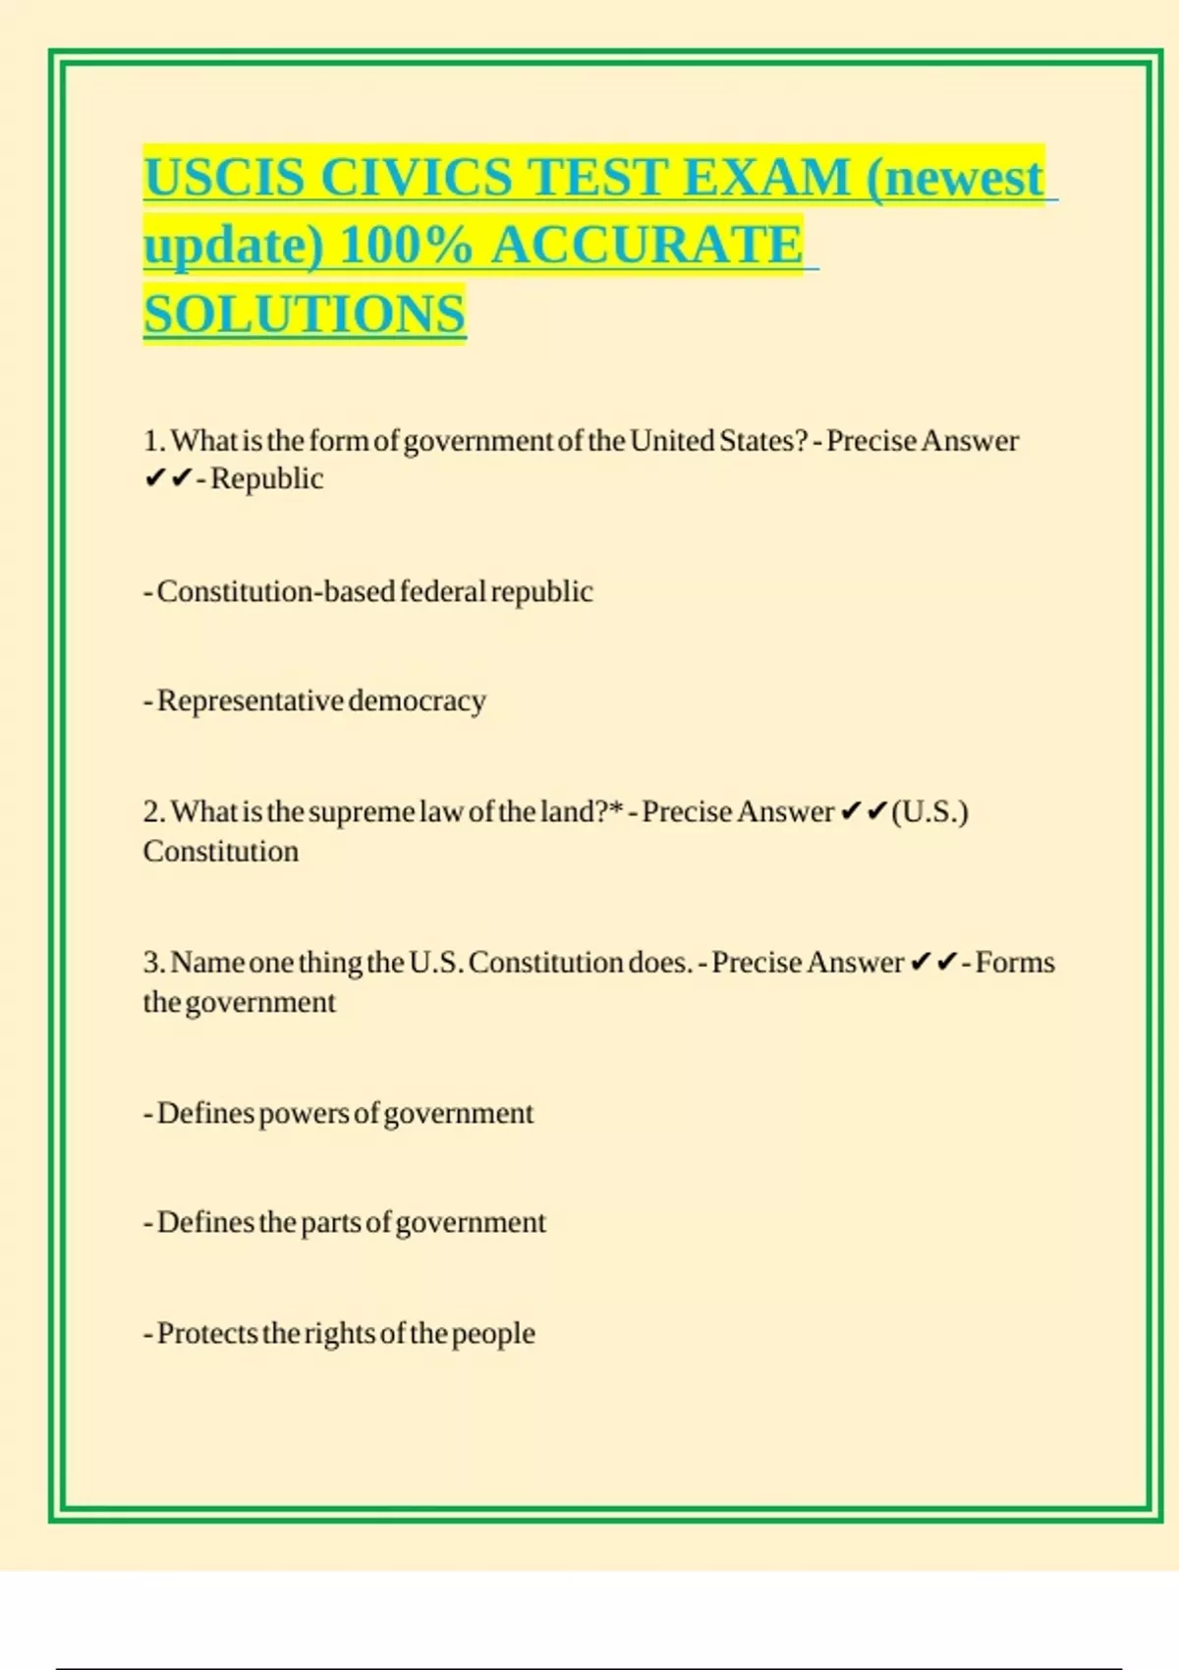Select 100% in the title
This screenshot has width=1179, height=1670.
[406, 245]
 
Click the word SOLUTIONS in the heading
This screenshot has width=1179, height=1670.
[305, 314]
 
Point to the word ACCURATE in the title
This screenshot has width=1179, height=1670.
[647, 245]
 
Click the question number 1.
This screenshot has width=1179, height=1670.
[152, 440]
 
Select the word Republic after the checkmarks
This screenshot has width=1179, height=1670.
[266, 478]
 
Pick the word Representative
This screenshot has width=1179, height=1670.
[250, 700]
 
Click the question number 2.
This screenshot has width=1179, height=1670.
[153, 811]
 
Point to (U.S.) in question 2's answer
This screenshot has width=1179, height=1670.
[929, 811]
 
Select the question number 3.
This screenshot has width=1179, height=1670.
[153, 962]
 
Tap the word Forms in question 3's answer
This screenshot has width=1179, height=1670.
[1015, 962]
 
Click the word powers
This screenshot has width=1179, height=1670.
[304, 1114]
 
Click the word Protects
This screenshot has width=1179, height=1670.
[207, 1333]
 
